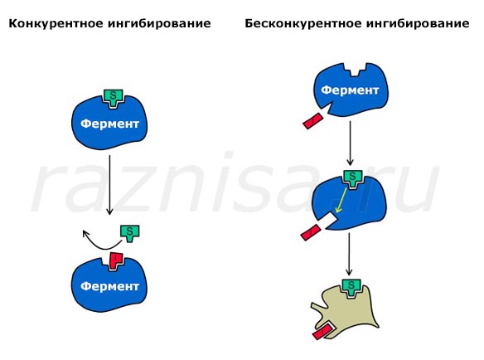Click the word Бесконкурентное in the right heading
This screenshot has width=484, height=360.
point(302,23)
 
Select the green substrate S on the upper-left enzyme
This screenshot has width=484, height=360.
point(114,98)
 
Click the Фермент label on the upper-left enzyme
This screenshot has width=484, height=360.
point(109,124)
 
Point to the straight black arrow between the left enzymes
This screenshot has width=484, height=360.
point(109,185)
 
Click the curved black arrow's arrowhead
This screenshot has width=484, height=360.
point(85,233)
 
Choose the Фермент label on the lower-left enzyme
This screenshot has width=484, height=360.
point(109,286)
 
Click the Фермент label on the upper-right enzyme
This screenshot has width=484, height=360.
point(350,90)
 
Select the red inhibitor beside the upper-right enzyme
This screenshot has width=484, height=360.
point(312,121)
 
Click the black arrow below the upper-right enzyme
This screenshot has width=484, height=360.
point(350,143)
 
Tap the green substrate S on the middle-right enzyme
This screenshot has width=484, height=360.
point(352,178)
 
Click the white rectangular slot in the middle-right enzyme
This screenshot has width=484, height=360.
point(329,221)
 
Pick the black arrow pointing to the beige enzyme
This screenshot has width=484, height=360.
point(349,254)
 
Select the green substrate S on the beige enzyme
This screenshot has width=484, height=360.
point(351,287)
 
